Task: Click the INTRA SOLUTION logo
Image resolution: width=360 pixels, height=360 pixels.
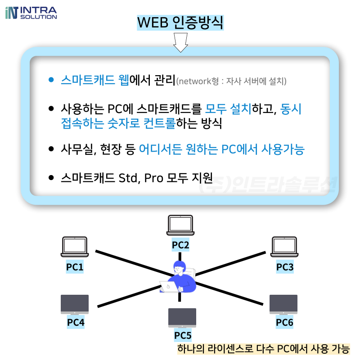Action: tap(31, 12)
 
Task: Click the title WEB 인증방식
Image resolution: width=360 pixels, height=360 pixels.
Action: tap(180, 22)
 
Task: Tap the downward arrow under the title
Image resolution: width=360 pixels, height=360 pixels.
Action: tap(180, 43)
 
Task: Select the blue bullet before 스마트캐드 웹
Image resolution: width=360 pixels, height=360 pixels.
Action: tap(51, 81)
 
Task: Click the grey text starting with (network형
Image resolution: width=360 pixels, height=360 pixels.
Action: tap(231, 81)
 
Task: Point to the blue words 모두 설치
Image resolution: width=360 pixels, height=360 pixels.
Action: tap(228, 108)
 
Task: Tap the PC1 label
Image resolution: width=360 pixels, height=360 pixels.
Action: tap(75, 267)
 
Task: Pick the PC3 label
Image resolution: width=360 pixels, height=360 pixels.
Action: tap(285, 267)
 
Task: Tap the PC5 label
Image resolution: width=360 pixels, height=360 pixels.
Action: tap(183, 335)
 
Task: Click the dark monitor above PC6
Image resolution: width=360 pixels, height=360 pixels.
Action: tap(283, 305)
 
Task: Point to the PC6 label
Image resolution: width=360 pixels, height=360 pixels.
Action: tap(284, 322)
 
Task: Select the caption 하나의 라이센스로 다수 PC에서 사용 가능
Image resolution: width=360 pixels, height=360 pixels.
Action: tap(263, 349)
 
